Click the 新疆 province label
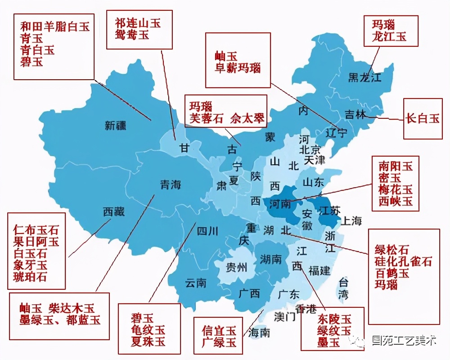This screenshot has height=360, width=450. point(116,126)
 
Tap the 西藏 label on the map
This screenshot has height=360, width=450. point(113,211)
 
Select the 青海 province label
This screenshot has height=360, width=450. point(171,184)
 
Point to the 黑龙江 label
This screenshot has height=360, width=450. point(364,77)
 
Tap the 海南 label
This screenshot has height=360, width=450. point(259,333)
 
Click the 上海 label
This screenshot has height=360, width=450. point(351,220)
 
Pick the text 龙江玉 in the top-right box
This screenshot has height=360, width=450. point(389,36)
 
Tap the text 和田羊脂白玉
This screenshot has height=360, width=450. point(55,26)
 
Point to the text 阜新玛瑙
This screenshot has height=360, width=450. point(237,68)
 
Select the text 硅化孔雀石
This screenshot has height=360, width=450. point(403,261)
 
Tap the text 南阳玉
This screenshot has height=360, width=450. point(395,166)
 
